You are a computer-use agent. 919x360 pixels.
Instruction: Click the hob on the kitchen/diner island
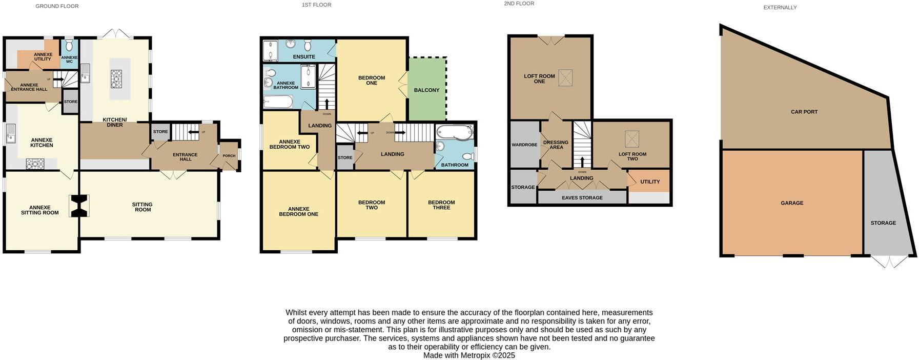[115, 79]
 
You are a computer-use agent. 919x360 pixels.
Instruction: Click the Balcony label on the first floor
[426, 90]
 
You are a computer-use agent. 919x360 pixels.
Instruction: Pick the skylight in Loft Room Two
[632, 138]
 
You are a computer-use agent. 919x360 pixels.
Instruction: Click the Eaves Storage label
[582, 197]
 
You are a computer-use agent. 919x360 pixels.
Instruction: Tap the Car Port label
[804, 112]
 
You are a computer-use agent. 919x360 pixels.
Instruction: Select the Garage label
[791, 203]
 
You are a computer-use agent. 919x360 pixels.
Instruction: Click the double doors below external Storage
[889, 262]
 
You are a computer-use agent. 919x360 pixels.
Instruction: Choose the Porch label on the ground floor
[229, 156]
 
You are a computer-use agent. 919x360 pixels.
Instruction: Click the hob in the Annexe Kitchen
[35, 164]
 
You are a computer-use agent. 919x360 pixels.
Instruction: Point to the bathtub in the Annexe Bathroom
[278, 103]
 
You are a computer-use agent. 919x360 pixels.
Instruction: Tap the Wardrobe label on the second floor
[524, 145]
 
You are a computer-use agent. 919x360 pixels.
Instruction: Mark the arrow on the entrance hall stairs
[194, 132]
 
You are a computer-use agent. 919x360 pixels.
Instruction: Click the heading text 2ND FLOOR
[519, 4]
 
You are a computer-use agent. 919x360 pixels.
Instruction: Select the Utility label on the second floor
[649, 182]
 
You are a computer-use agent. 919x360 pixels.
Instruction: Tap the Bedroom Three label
[441, 205]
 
